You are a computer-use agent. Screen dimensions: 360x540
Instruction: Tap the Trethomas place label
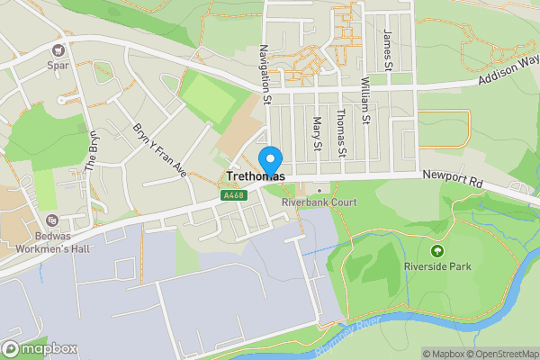point(256,176)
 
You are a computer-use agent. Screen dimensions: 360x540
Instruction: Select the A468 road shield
point(231,195)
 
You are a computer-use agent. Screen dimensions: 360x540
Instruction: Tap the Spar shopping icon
point(59,51)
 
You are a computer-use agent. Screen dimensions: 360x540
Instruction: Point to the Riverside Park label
point(438,265)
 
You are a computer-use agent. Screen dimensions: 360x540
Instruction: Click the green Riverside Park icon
point(438,250)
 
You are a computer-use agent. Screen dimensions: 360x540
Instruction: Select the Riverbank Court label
point(319,202)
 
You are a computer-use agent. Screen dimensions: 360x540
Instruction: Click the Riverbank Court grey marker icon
point(319,189)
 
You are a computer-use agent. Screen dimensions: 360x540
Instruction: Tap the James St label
point(388,49)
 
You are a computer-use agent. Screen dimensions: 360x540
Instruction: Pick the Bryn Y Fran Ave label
point(158,150)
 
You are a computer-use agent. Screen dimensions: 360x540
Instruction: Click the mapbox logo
point(38,348)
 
